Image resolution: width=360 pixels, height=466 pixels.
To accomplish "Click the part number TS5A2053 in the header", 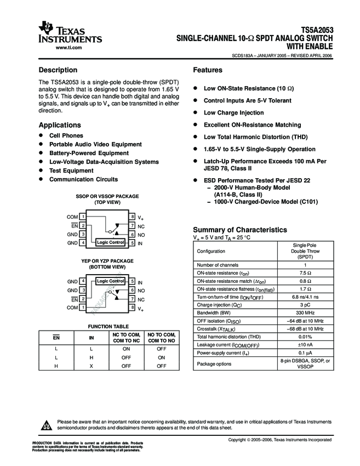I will pyautogui.click(x=317, y=31).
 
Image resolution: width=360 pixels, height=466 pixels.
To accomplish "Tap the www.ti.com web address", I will pyautogui.click(x=69, y=48).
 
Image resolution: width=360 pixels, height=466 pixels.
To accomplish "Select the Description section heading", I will pyautogui.click(x=58, y=70).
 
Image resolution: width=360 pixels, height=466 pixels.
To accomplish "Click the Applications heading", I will pyautogui.click(x=60, y=125).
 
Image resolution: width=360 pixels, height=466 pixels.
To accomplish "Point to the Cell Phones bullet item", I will pyautogui.click(x=66, y=135).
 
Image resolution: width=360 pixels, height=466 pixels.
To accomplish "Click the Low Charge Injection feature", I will pyautogui.click(x=233, y=113).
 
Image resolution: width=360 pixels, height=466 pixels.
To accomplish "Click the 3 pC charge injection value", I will pyautogui.click(x=305, y=304).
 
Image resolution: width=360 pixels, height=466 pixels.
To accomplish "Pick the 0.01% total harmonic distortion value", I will pyautogui.click(x=305, y=337).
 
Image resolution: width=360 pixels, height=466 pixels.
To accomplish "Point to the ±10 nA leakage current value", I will pyautogui.click(x=305, y=345).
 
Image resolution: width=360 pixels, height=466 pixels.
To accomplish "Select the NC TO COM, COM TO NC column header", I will pyautogui.click(x=127, y=338).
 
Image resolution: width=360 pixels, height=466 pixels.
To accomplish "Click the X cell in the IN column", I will pyautogui.click(x=92, y=365).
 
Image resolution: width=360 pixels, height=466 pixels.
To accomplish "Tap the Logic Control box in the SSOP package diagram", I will pyautogui.click(x=110, y=242).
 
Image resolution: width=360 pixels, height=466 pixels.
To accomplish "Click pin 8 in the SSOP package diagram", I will pyautogui.click(x=133, y=217).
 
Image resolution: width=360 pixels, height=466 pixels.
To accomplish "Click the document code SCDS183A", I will pyautogui.click(x=244, y=56).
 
